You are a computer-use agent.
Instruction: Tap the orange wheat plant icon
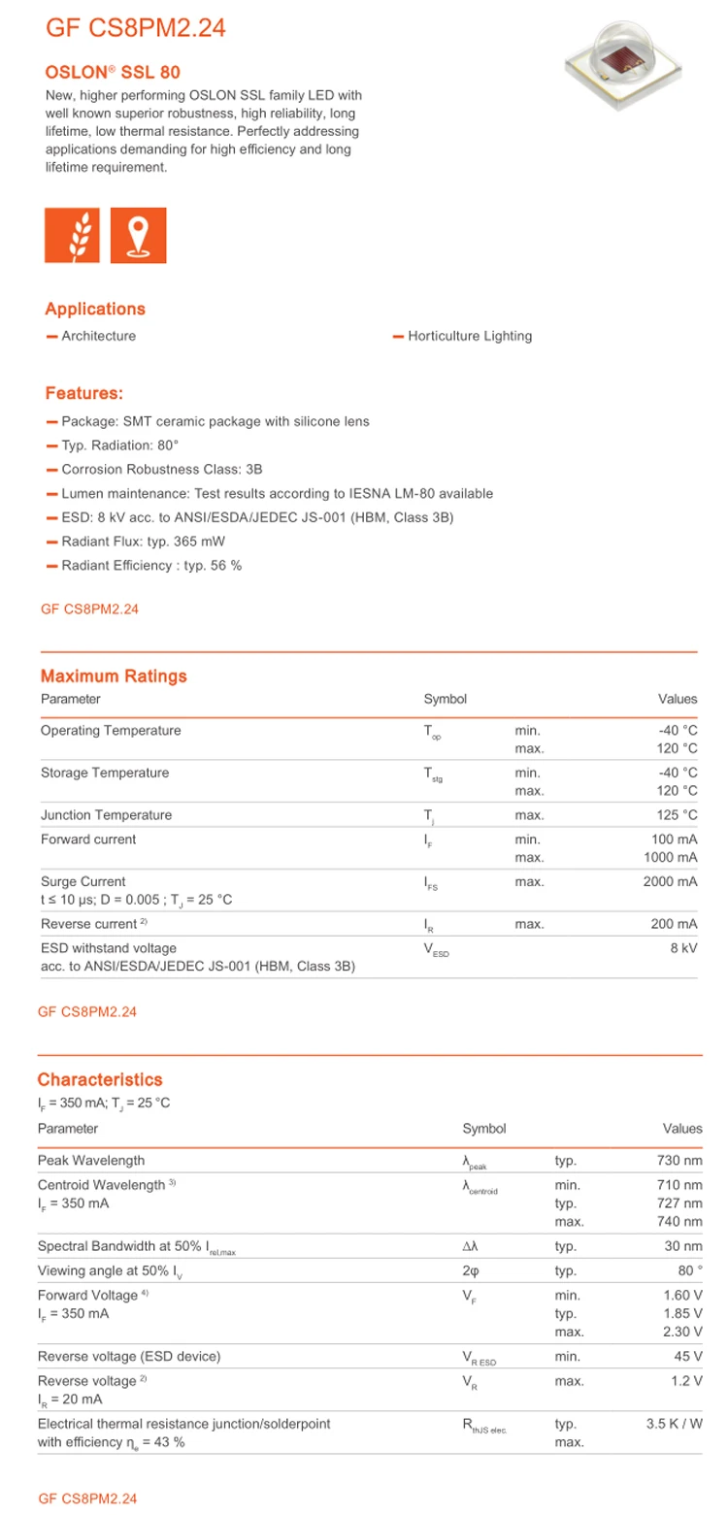tap(73, 235)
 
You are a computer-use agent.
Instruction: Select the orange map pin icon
tap(139, 235)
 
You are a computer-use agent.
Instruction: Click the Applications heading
tap(95, 309)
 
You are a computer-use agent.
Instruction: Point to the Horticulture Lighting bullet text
tap(470, 336)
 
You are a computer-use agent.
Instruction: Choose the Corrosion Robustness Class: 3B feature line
tap(149, 469)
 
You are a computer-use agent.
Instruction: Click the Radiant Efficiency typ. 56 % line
tap(151, 565)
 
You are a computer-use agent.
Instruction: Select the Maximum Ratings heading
tap(114, 675)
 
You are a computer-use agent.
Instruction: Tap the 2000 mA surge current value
tap(670, 882)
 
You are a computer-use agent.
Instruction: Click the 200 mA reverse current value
tap(674, 924)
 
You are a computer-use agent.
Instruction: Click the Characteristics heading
tap(100, 1079)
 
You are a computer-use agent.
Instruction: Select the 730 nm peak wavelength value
tap(679, 1161)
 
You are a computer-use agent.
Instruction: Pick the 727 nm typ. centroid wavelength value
tap(679, 1203)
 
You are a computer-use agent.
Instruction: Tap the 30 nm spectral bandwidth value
tap(683, 1246)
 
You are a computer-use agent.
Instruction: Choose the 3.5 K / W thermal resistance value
tap(674, 1424)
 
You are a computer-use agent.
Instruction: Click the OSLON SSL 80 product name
tap(113, 72)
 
